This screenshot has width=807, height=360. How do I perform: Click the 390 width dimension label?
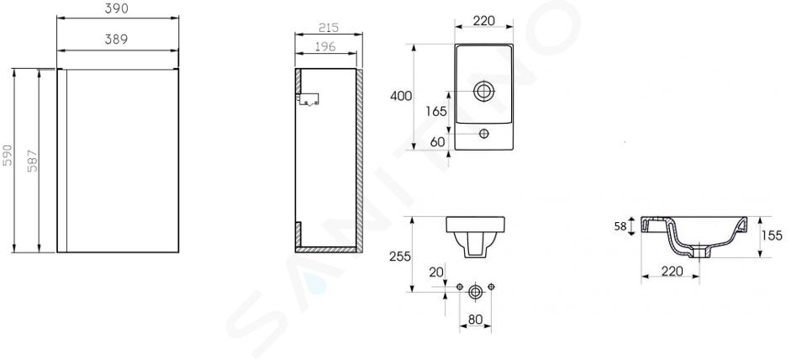coord(117,8)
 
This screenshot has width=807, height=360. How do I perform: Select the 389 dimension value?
coord(116,40)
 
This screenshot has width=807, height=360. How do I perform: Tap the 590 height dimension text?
coord(8,155)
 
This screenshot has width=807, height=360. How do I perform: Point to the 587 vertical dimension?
coord(32,160)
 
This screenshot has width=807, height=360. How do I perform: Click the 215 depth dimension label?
coord(328,28)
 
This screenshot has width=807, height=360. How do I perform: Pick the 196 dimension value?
coord(324,46)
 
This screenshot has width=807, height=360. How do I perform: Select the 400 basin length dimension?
coord(401,96)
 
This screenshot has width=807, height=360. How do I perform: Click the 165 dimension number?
coord(436,111)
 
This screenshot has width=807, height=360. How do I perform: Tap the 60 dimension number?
coord(437,141)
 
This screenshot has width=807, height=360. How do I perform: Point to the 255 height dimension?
coord(400,256)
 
